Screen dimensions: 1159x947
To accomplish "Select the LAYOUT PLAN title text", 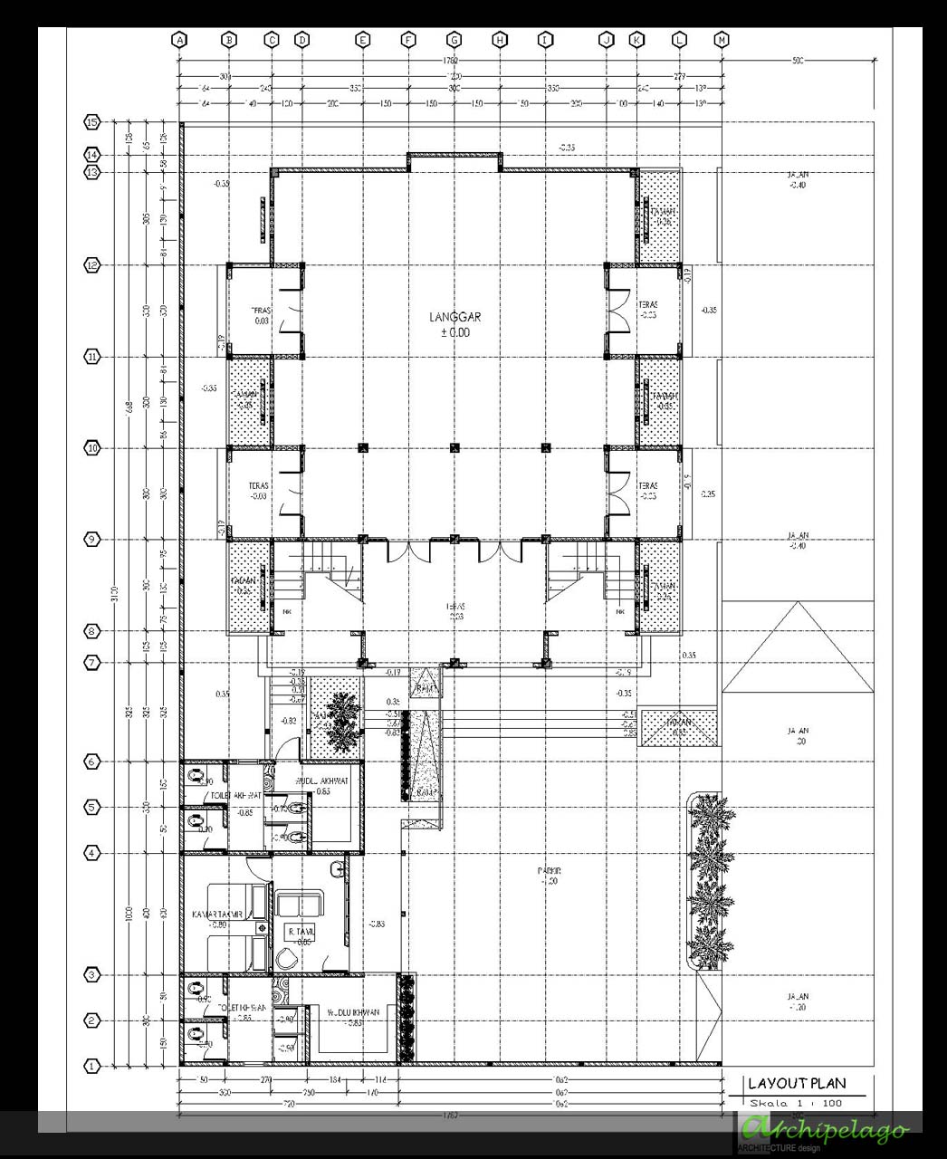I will click(797, 1083).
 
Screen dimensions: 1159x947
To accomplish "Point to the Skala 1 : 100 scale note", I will click(796, 1103).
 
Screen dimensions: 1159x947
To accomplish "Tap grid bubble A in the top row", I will click(179, 40).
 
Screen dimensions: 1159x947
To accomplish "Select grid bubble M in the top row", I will click(722, 40).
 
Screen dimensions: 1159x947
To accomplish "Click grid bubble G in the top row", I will click(454, 40).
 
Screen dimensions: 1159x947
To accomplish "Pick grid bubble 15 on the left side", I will click(91, 121).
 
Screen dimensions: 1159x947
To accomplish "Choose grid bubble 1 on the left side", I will click(91, 1066).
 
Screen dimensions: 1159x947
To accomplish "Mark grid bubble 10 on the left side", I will click(91, 448).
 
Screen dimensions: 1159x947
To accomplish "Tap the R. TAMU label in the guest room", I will click(300, 932).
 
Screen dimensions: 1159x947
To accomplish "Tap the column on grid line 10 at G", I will click(454, 447).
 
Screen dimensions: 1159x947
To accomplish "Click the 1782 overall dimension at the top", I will click(451, 60).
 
